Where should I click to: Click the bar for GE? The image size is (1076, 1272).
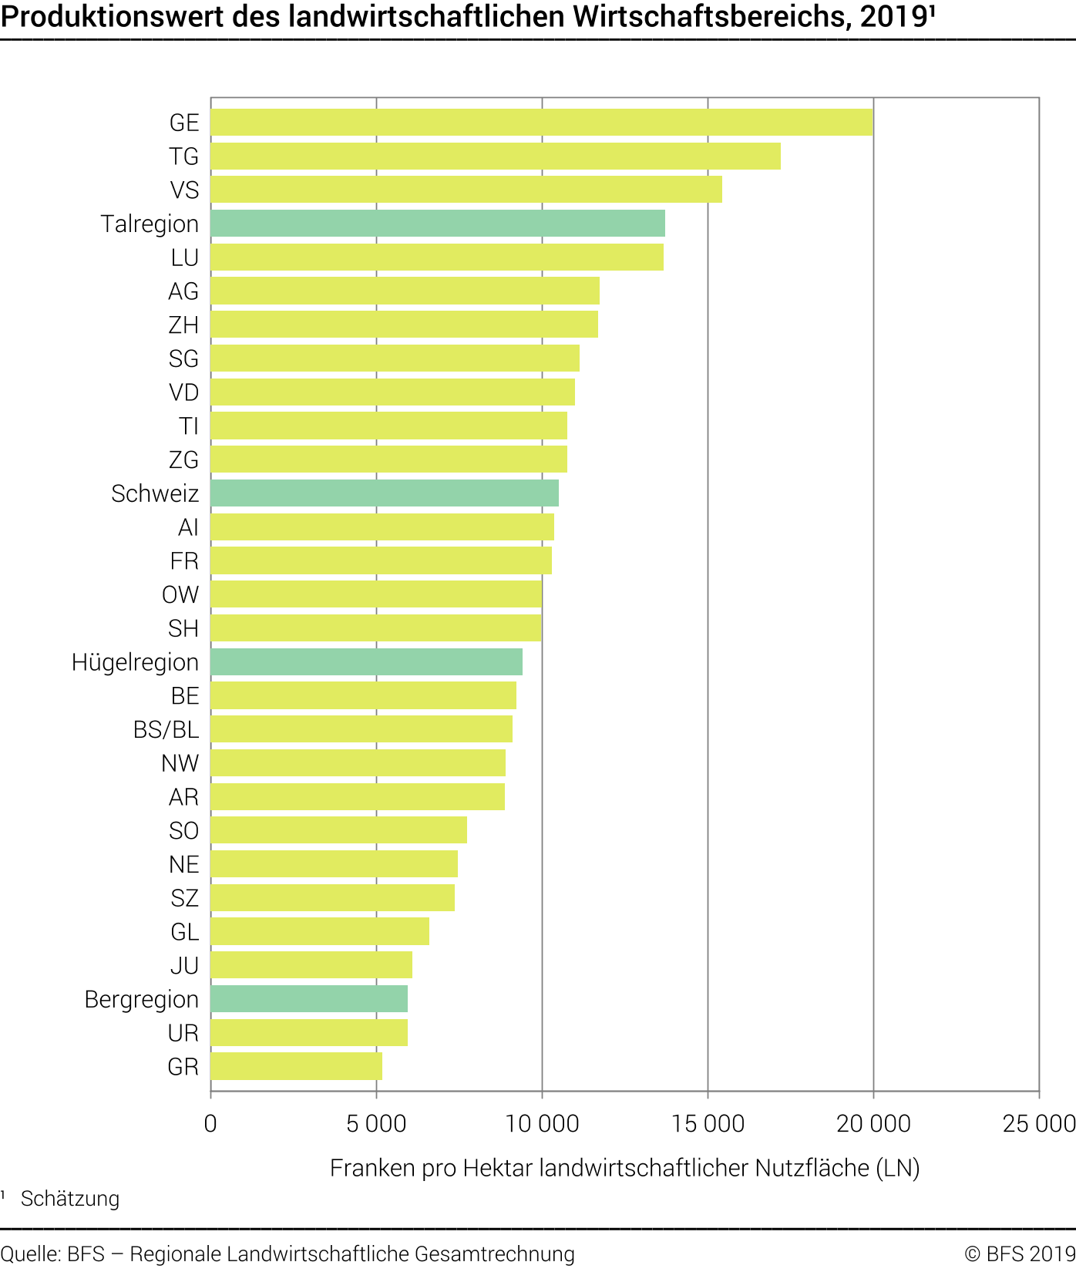[541, 123]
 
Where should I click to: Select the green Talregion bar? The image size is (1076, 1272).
[438, 224]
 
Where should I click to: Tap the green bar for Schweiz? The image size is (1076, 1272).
[385, 493]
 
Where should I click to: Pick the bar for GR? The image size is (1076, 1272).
[296, 1066]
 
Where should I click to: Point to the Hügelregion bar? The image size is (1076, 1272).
[366, 662]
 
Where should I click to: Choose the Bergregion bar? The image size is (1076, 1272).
[309, 999]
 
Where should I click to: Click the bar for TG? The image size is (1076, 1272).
[496, 156]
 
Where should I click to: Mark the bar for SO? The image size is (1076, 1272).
[338, 830]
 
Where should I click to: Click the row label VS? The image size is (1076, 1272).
[184, 190]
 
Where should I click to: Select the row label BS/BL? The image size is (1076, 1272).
[166, 729]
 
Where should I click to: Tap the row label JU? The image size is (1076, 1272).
[184, 965]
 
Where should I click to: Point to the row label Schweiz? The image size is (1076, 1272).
[155, 493]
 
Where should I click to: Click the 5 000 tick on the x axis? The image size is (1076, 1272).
[376, 1123]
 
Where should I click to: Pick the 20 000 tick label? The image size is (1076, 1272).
[873, 1123]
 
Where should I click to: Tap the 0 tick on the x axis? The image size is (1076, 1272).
[210, 1123]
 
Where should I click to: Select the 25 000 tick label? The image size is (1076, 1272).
[1038, 1123]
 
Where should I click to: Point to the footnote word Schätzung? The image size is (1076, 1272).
[70, 1199]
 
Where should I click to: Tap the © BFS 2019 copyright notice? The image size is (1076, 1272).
[1019, 1254]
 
